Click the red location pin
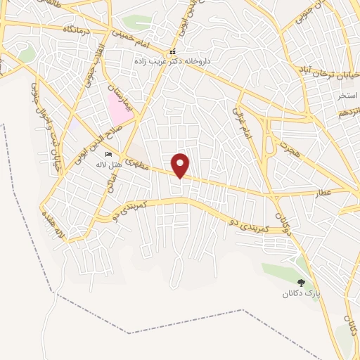181,165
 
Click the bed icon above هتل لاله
108,154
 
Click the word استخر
347,94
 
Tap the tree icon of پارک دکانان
301,282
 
